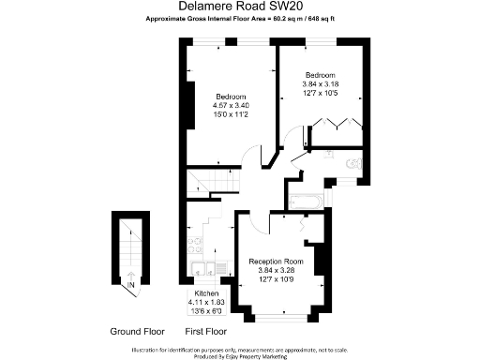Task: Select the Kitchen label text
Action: point(206,293)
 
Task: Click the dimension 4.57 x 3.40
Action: point(232,106)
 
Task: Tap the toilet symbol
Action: point(353,165)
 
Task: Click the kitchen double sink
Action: point(197,272)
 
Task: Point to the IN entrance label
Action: point(131,285)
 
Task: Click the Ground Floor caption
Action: point(138,332)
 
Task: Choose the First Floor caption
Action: point(209,332)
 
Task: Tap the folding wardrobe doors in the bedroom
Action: point(333,125)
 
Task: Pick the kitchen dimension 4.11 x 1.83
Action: point(206,302)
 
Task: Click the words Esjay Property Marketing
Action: point(261,356)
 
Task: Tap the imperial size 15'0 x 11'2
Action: point(232,115)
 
